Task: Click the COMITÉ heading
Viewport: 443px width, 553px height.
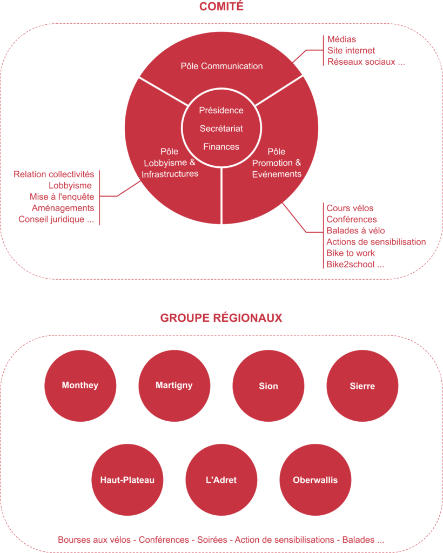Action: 222,7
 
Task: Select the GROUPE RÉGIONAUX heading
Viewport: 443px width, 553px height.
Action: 221,318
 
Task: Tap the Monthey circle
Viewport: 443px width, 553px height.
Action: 80,386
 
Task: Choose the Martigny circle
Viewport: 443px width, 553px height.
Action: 174,386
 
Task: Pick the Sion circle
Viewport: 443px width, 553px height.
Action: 269,386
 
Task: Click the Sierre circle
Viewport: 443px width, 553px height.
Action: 362,386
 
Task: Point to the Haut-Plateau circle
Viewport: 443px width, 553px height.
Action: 127,480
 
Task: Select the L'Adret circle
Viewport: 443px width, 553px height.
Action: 222,480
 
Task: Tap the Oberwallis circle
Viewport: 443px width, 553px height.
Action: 315,480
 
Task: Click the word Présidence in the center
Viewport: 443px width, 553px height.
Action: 222,110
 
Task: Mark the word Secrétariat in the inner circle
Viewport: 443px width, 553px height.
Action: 222,129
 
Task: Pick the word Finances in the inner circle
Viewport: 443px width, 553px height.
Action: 222,146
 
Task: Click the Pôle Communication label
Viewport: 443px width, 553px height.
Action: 222,66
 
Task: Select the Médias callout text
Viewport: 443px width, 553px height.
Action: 341,39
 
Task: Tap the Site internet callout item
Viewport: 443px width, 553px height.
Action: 351,50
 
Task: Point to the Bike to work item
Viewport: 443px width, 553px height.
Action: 351,253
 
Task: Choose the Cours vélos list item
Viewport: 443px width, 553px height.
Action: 350,208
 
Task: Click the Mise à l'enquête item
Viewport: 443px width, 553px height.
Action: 62,197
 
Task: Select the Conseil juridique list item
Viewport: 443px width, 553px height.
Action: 56,219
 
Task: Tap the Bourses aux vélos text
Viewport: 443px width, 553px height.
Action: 96,540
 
